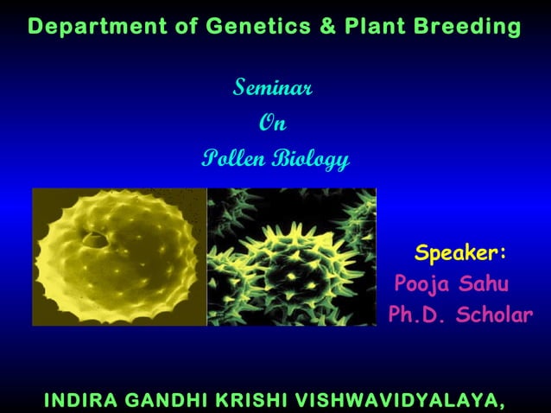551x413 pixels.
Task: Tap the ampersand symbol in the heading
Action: coord(327,27)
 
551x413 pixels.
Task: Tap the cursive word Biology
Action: coord(311,159)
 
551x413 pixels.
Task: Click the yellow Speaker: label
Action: coord(460,253)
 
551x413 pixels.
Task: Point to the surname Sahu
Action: coord(484,284)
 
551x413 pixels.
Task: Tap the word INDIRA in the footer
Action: coord(79,400)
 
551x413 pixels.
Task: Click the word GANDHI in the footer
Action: coord(168,400)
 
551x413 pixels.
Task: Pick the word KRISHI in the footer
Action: coord(255,400)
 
